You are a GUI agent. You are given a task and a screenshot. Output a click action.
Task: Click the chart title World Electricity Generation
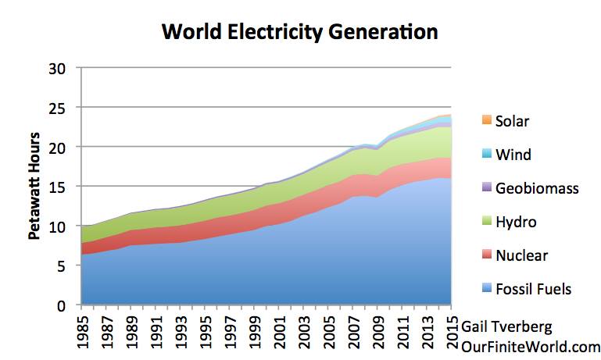pyautogui.click(x=299, y=33)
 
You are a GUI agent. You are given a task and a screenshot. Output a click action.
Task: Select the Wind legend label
pyautogui.click(x=513, y=155)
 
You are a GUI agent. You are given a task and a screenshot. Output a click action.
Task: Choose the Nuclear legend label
pyautogui.click(x=522, y=255)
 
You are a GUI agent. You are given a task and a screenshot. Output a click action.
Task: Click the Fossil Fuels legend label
pyautogui.click(x=534, y=289)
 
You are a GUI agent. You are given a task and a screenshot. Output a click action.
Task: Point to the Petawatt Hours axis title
pyautogui.click(x=36, y=187)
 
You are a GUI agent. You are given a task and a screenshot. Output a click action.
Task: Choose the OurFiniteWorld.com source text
pyautogui.click(x=531, y=346)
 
